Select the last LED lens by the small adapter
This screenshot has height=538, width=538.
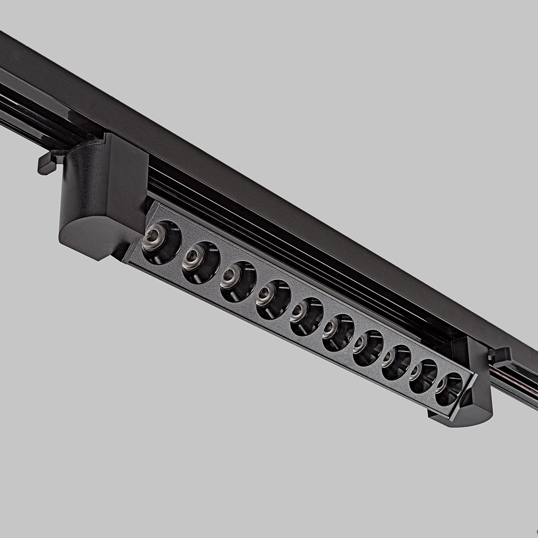pyautogui.click(x=448, y=389)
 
